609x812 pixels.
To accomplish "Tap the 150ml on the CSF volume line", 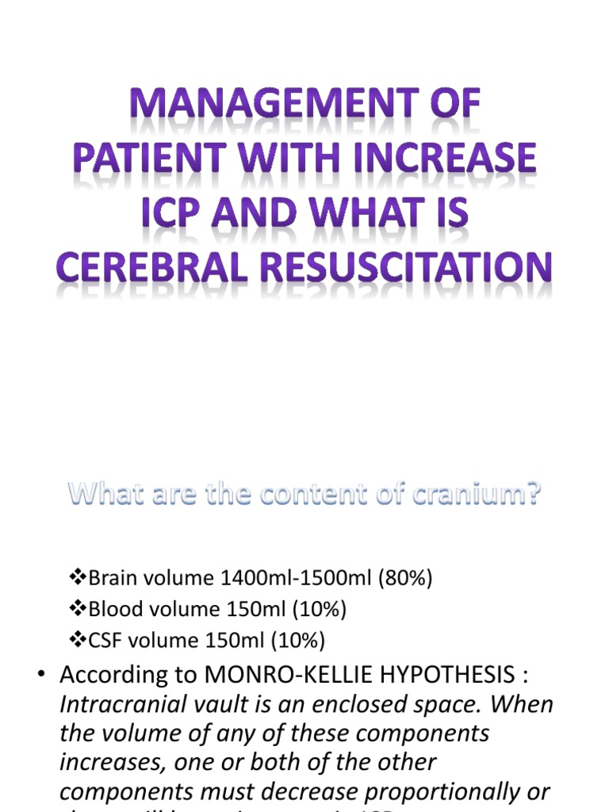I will coord(232,640).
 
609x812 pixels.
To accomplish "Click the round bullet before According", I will coord(40,675).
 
